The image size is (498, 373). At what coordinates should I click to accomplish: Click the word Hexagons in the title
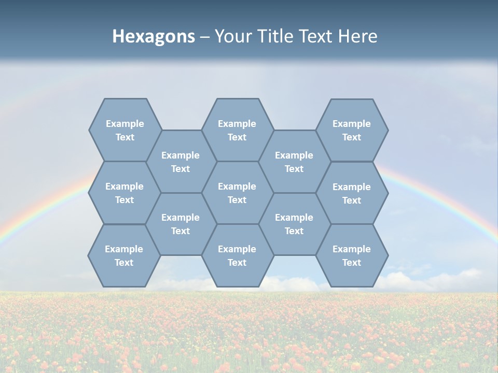pos(154,36)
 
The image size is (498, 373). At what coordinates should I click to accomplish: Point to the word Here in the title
pos(358,36)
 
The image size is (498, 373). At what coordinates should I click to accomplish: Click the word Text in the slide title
pos(315,36)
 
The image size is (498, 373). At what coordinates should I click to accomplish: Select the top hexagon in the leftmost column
pos(125,130)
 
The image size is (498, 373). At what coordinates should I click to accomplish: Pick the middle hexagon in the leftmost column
pos(125,193)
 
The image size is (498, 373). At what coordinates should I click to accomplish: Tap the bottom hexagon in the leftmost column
pos(124,255)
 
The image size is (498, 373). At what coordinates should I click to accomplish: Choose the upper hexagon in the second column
pos(181,162)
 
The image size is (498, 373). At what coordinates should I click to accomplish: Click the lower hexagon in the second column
pos(181,224)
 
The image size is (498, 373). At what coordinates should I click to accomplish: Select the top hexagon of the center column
pos(237,130)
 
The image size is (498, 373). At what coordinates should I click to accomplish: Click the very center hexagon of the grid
pos(237,193)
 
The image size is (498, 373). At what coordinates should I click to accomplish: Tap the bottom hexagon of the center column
pos(237,255)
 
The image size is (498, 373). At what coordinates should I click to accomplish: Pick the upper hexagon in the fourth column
pos(294,162)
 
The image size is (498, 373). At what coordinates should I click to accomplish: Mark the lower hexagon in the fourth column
pos(294,224)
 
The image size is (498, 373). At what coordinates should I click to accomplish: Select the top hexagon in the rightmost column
pos(352,130)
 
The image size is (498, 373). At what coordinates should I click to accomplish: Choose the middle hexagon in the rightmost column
pos(352,193)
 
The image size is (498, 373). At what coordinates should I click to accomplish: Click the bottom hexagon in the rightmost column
pos(352,255)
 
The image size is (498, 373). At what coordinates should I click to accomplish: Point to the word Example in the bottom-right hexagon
pos(352,249)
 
